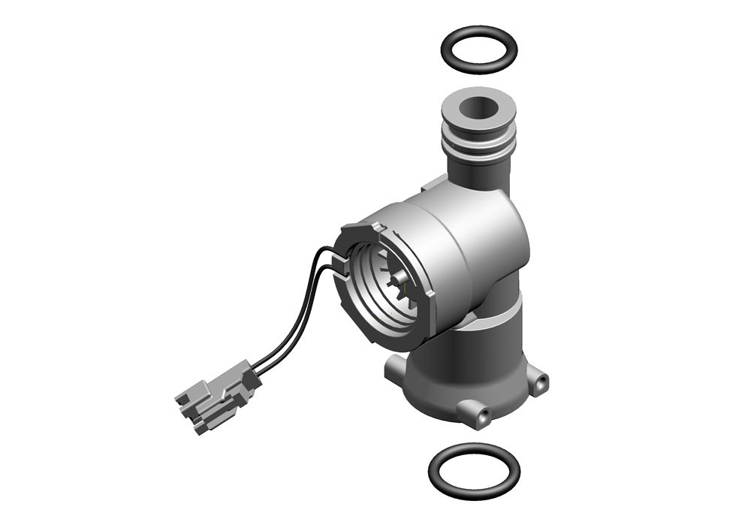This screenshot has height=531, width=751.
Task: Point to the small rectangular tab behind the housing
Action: (435, 182)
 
